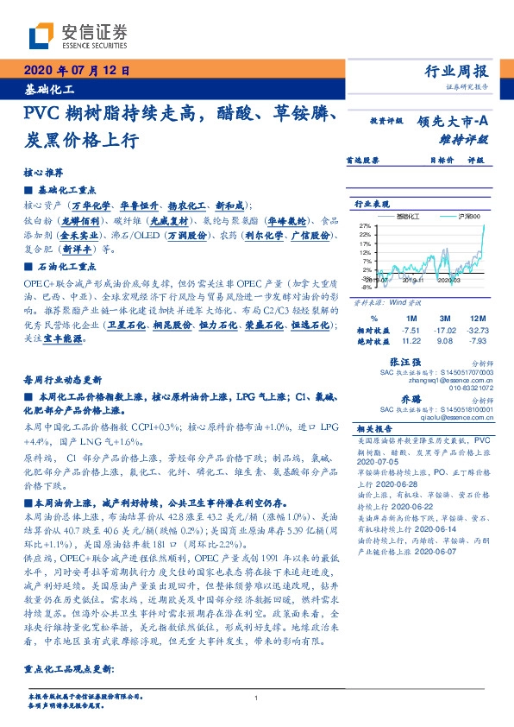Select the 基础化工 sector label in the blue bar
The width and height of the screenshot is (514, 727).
point(49,89)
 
